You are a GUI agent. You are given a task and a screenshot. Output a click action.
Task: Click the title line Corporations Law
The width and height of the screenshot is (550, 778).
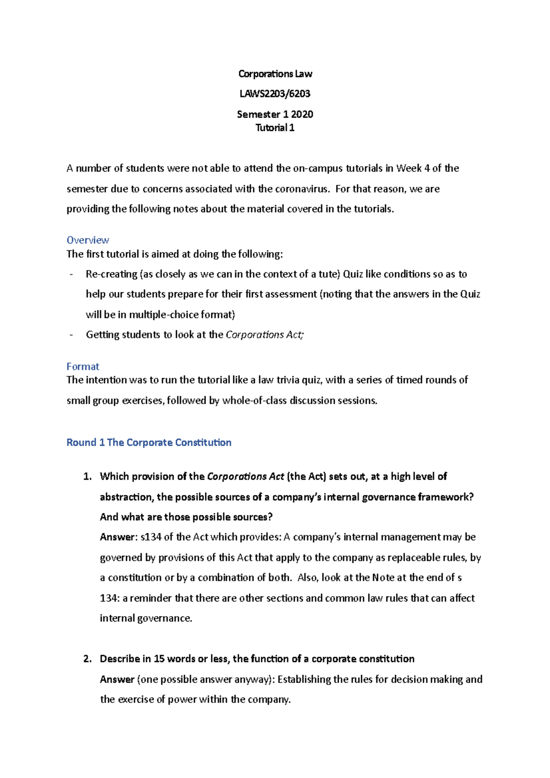(x=275, y=74)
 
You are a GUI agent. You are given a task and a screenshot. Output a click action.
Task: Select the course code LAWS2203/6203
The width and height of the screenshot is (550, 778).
(x=275, y=94)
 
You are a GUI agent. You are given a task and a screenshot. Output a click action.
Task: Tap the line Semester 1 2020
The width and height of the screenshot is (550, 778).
(x=275, y=114)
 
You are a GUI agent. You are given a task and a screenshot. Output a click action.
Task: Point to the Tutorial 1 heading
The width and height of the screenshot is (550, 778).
(x=275, y=128)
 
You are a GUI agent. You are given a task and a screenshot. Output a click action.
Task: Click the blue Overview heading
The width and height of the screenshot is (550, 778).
(x=88, y=240)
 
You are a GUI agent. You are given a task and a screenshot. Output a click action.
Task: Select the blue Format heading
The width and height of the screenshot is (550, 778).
(x=82, y=367)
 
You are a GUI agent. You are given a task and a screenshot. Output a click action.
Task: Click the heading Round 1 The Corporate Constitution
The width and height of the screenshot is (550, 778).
(x=149, y=443)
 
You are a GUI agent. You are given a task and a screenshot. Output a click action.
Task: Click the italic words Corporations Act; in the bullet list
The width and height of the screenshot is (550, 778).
(x=264, y=335)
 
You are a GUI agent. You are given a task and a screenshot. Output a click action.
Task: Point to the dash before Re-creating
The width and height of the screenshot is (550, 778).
(x=71, y=274)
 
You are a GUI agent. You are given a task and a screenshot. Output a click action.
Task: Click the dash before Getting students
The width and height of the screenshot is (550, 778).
(x=71, y=335)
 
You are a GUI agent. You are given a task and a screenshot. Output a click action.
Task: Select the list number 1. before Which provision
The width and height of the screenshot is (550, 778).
(x=88, y=477)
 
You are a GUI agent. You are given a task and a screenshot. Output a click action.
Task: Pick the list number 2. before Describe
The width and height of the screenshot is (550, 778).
(x=88, y=659)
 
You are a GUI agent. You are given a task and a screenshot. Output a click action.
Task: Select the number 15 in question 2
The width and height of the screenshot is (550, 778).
(x=159, y=659)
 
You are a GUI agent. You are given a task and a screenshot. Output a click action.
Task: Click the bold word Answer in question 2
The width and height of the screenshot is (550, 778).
(x=117, y=679)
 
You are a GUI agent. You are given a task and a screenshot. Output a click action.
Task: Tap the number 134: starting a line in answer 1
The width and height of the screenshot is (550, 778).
(x=110, y=598)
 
